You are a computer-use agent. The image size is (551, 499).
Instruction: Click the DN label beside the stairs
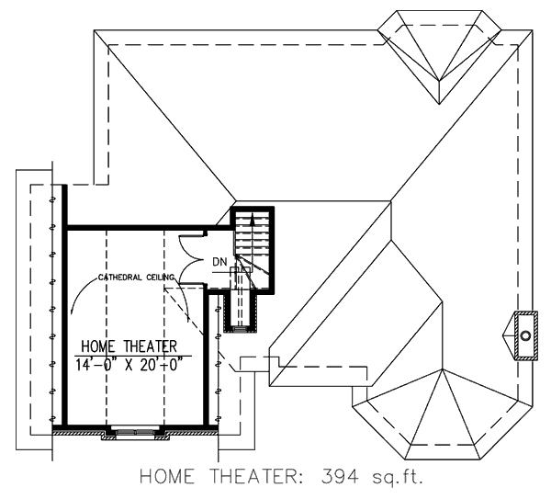(x=219, y=262)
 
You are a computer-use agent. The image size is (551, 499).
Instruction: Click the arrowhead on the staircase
(x=252, y=219)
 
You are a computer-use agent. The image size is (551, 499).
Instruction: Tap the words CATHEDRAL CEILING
(x=136, y=278)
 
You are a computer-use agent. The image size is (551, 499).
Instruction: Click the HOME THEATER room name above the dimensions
(x=129, y=346)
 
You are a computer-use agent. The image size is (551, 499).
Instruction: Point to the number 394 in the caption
(x=340, y=477)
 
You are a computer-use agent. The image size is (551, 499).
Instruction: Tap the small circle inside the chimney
(x=525, y=335)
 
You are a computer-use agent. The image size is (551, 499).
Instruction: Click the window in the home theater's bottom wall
(x=135, y=431)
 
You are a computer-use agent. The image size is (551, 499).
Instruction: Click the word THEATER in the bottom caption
(x=254, y=477)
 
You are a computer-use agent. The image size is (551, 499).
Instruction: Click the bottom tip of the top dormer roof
(x=439, y=104)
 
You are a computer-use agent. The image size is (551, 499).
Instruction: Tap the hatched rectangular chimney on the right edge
(x=525, y=335)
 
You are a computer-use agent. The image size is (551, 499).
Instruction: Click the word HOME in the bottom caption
(x=167, y=477)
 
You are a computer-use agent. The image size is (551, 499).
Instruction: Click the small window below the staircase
(x=241, y=328)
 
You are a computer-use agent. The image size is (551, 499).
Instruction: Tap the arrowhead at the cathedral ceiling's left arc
(x=72, y=311)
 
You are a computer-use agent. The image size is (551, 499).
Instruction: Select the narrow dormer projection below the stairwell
(x=241, y=312)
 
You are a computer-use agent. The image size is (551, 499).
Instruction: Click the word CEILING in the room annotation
(x=160, y=278)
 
